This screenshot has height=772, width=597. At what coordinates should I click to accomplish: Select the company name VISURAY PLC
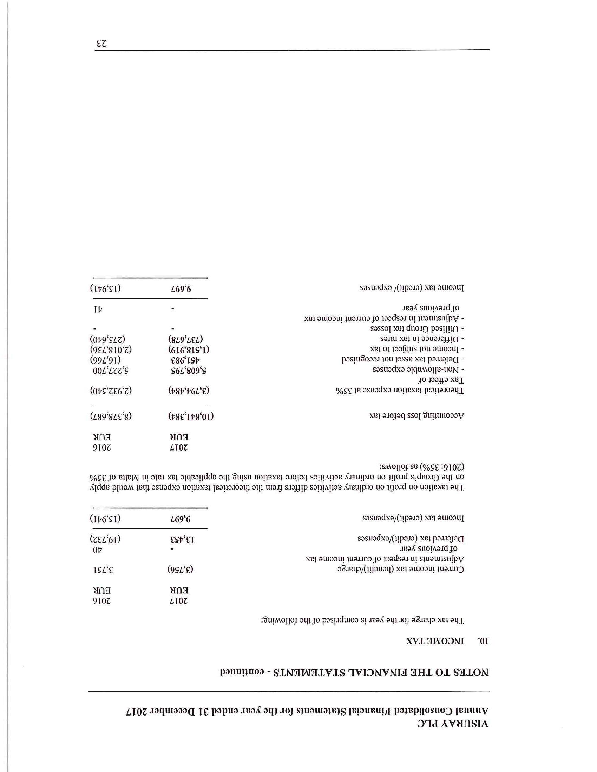453,723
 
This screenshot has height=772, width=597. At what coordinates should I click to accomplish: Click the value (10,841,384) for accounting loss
191,416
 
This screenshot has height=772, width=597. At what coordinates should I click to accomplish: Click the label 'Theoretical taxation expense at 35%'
400,391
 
